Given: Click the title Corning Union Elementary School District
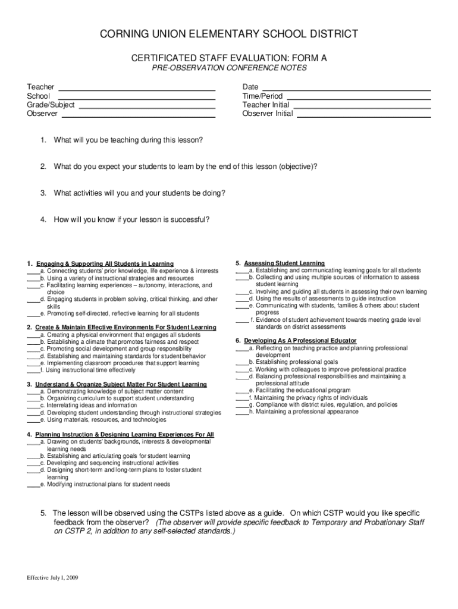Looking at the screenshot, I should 229,34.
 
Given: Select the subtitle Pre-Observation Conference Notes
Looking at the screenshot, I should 229,68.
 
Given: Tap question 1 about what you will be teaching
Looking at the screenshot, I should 128,140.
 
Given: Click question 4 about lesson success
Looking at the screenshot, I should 131,219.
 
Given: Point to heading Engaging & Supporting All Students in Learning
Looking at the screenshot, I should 105,263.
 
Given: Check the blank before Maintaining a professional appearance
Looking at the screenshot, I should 241,412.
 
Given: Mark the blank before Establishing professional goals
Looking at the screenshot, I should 241,362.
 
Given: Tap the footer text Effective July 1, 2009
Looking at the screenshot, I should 52,577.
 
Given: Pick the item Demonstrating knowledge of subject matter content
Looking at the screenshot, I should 112,391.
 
